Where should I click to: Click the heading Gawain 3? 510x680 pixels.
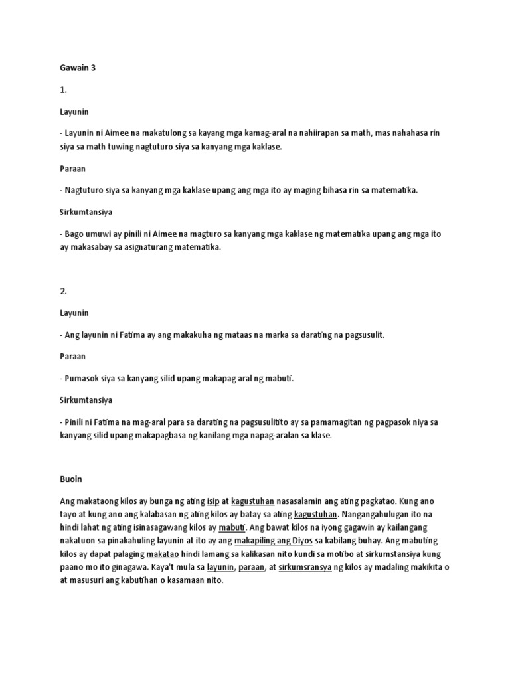pyautogui.click(x=78, y=67)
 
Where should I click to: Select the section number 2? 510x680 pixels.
pyautogui.click(x=64, y=291)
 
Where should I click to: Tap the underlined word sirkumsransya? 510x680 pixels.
pyautogui.click(x=305, y=568)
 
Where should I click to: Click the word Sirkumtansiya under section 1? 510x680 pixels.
pyautogui.click(x=85, y=212)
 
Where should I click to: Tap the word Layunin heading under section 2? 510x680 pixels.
pyautogui.click(x=74, y=313)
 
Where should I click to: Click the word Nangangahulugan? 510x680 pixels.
pyautogui.click(x=380, y=515)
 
